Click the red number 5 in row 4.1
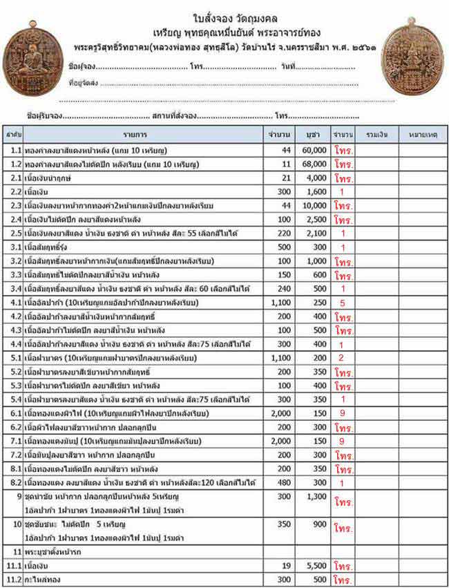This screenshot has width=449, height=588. click(343, 303)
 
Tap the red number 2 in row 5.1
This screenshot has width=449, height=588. click(343, 358)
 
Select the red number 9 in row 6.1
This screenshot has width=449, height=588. click(343, 413)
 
